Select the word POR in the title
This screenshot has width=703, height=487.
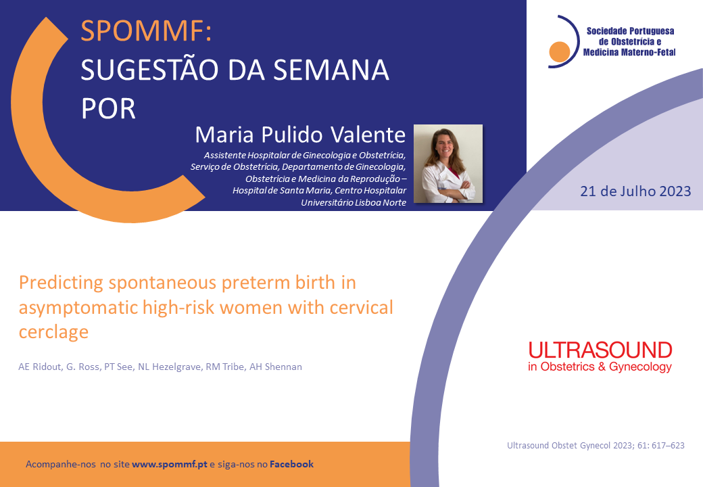coord(108,109)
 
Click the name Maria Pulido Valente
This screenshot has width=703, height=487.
coord(300,135)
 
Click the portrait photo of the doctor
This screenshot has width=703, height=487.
coord(448,164)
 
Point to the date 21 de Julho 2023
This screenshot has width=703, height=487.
coord(635,191)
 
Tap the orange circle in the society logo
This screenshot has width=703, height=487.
coord(559,51)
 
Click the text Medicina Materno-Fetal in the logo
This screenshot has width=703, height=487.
coord(629,53)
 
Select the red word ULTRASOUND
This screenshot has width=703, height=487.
coord(600,350)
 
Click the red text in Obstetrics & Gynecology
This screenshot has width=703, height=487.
coord(600,367)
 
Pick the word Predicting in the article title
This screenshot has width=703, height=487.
coord(61,283)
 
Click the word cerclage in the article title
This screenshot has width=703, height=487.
coord(54,332)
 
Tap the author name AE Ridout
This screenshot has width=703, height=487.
coord(39,367)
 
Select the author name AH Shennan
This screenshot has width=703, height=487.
coord(276,367)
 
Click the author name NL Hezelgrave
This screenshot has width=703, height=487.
coord(169,367)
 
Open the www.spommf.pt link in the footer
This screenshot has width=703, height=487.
coord(170,465)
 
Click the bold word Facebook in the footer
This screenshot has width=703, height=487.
coord(291,464)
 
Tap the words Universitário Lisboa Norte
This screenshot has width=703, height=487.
coord(354,203)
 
